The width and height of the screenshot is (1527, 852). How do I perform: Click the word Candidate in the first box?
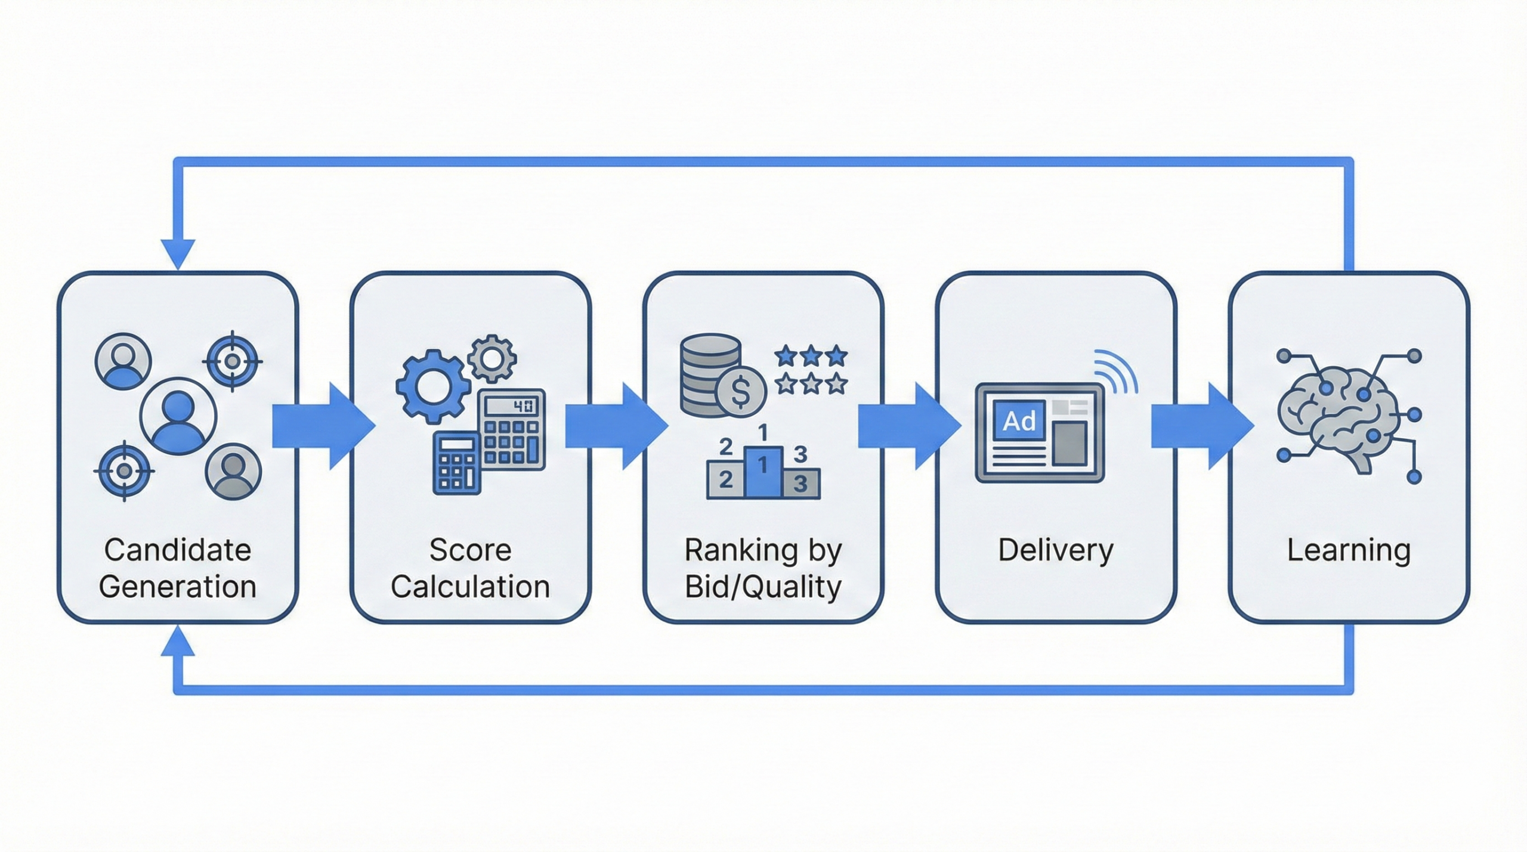click(x=178, y=550)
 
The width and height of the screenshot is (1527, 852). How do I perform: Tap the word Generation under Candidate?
click(x=178, y=587)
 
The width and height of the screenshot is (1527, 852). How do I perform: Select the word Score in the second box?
click(x=470, y=550)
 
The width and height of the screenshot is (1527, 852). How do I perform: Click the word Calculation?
click(x=470, y=587)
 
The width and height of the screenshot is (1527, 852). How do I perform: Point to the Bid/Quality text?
click(x=763, y=587)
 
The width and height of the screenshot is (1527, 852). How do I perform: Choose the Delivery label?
click(x=1056, y=550)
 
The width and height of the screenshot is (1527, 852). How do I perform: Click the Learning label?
click(x=1349, y=550)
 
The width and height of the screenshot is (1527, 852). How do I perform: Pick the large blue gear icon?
click(x=432, y=386)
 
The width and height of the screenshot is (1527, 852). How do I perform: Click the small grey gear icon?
click(x=492, y=358)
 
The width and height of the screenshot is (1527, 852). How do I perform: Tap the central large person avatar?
click(x=178, y=416)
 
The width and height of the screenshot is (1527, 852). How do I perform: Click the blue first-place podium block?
click(x=762, y=471)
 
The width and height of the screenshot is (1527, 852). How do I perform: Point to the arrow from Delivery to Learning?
click(x=1201, y=426)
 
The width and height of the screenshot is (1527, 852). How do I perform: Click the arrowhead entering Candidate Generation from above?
click(x=178, y=253)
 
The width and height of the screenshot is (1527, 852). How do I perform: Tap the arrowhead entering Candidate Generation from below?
click(x=178, y=643)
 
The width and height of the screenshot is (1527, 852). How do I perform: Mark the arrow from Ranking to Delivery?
click(x=908, y=426)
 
